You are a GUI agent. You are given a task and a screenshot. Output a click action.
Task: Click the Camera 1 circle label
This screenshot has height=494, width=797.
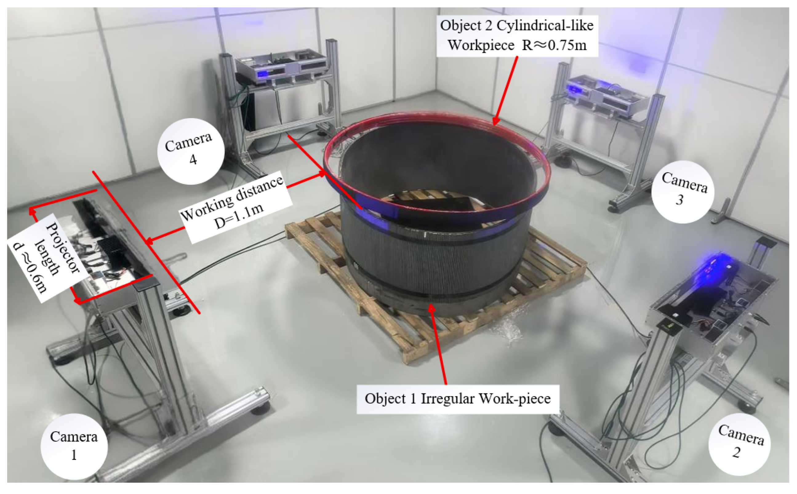[74, 446]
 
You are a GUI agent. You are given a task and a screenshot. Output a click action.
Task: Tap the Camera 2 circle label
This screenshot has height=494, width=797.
[739, 444]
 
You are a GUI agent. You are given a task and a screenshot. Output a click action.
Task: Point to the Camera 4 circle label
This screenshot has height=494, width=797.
[190, 151]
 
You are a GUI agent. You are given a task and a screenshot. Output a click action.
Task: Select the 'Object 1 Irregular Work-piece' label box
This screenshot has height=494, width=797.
[458, 399]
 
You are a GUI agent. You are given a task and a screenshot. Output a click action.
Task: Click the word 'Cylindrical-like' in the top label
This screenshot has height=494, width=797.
[545, 26]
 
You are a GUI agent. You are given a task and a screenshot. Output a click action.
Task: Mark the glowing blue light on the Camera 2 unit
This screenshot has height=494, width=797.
[716, 261]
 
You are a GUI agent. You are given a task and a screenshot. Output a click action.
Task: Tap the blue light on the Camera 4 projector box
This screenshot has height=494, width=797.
[262, 74]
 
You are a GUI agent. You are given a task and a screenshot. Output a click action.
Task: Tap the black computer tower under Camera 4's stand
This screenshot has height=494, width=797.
[249, 111]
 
